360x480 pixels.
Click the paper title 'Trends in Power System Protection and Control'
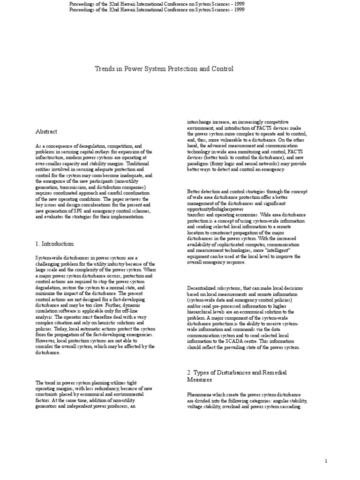(164, 69)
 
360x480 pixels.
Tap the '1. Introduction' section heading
(54, 244)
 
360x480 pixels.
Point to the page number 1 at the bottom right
(326, 461)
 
